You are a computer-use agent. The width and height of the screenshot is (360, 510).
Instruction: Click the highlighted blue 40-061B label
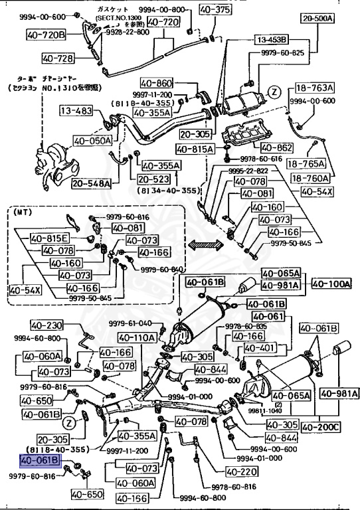click(x=41, y=460)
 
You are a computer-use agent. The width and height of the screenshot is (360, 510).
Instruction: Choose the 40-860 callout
click(x=156, y=84)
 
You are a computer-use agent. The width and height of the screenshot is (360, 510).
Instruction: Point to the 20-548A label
click(x=91, y=183)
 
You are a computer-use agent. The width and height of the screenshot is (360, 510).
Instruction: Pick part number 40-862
click(x=276, y=147)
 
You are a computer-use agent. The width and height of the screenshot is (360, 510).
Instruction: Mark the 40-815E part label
click(x=49, y=238)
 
